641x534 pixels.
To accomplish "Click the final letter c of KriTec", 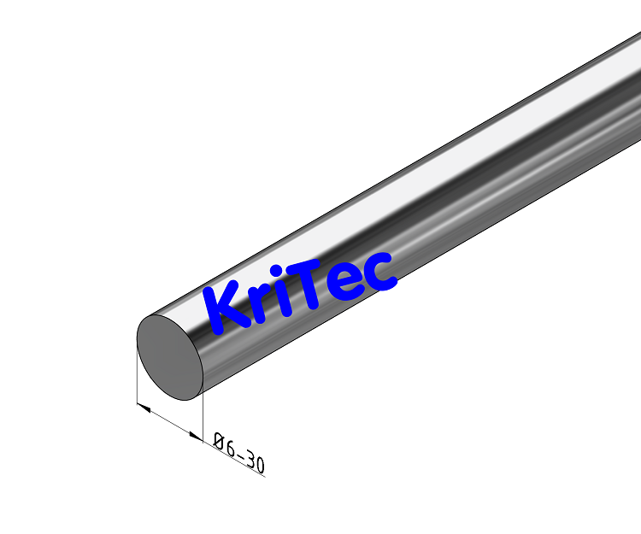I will pos(379,270).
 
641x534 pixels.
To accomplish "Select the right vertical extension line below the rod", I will pos(203,419).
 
